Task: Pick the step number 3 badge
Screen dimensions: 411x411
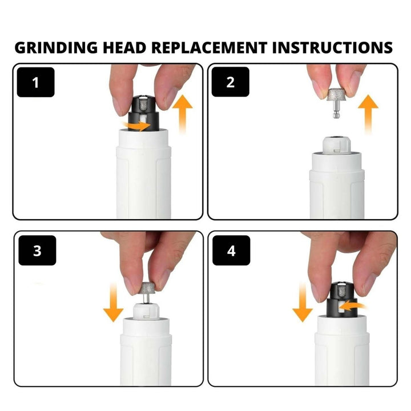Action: (x=37, y=251)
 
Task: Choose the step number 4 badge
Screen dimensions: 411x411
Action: (x=231, y=251)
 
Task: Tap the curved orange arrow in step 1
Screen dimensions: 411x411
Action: (x=139, y=124)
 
